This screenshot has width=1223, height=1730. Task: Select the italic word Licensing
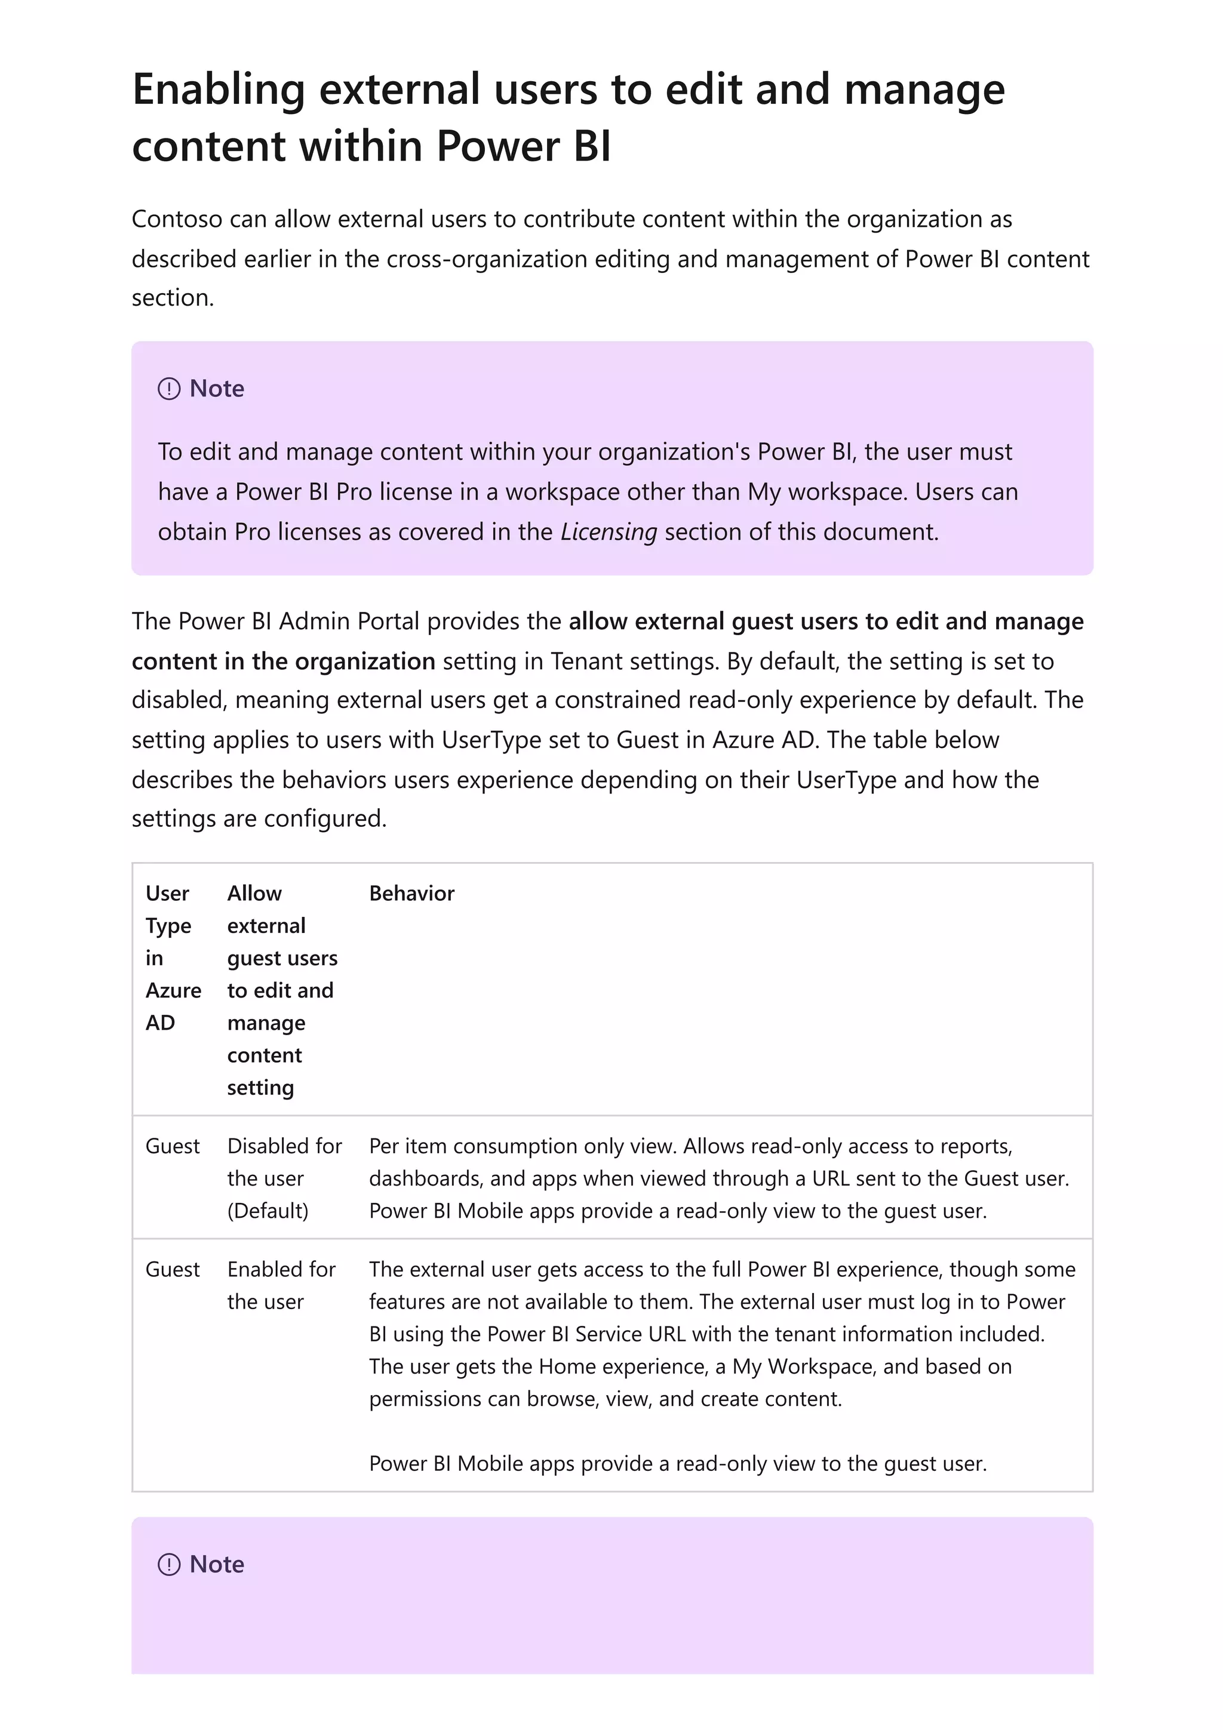click(608, 532)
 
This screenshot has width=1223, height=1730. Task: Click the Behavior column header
click(411, 894)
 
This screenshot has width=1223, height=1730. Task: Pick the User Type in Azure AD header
click(173, 958)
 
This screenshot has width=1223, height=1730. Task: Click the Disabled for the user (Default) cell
click(284, 1178)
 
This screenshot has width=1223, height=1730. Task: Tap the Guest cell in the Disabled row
click(173, 1146)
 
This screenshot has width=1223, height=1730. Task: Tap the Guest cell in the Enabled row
click(173, 1270)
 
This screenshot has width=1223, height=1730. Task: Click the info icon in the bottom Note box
click(169, 1565)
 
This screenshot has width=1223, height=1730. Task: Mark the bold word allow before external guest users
click(598, 621)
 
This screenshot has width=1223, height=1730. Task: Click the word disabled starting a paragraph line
click(179, 701)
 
